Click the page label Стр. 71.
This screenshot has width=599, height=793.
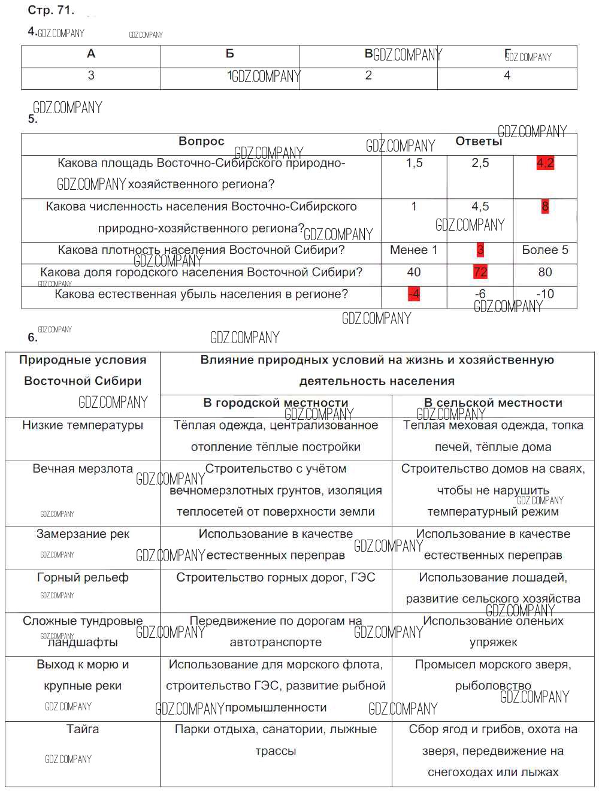tap(51, 10)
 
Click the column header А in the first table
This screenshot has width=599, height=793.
tap(91, 54)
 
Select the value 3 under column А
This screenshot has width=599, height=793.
tap(91, 75)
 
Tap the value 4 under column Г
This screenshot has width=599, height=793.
tap(507, 75)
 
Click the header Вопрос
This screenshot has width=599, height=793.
tap(201, 141)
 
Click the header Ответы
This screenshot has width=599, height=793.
tap(479, 141)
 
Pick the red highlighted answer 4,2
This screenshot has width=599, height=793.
tap(545, 163)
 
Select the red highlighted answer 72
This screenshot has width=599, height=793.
tap(480, 272)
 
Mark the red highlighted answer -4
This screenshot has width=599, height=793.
tap(413, 294)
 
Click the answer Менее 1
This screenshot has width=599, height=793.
tap(413, 250)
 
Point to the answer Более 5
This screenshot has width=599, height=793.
tap(544, 250)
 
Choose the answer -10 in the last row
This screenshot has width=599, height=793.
tap(544, 294)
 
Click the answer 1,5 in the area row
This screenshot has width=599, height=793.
tap(414, 163)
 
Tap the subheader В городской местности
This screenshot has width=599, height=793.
tap(276, 402)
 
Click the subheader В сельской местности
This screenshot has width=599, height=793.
tap(493, 402)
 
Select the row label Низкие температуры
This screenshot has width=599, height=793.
tap(83, 425)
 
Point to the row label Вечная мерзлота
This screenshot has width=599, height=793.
tap(83, 469)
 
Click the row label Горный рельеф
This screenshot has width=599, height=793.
tap(83, 577)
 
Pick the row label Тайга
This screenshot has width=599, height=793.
tap(83, 729)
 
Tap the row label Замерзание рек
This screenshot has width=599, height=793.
tap(83, 534)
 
